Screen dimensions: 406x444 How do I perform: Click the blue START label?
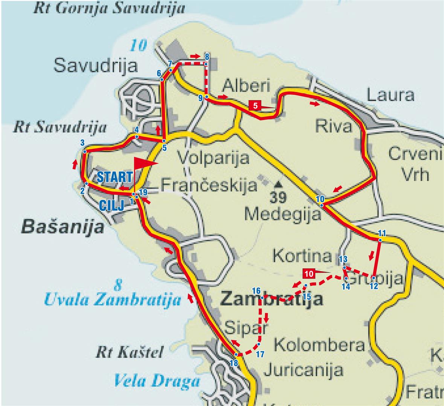(115, 177)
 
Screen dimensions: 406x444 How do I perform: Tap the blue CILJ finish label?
(112, 206)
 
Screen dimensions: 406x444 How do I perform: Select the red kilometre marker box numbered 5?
(255, 106)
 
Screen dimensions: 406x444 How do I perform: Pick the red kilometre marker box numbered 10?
(308, 274)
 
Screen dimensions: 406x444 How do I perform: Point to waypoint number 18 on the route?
(236, 354)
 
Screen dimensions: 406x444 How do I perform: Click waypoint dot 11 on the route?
(380, 240)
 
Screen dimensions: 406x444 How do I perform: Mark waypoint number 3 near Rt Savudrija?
(85, 151)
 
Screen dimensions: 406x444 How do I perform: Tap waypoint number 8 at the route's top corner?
(206, 65)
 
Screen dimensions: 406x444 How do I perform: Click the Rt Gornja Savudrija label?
(109, 9)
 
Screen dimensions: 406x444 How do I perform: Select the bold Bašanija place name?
(62, 227)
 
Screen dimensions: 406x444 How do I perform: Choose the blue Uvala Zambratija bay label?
(113, 300)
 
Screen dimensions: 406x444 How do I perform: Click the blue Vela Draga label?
(157, 381)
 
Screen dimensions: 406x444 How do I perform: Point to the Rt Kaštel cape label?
(130, 352)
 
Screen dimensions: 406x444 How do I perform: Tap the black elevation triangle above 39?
(278, 184)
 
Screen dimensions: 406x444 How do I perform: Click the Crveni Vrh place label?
(415, 164)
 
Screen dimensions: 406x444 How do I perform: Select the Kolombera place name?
(319, 345)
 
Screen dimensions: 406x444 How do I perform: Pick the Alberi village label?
(247, 86)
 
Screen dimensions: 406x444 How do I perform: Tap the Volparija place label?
(213, 158)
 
